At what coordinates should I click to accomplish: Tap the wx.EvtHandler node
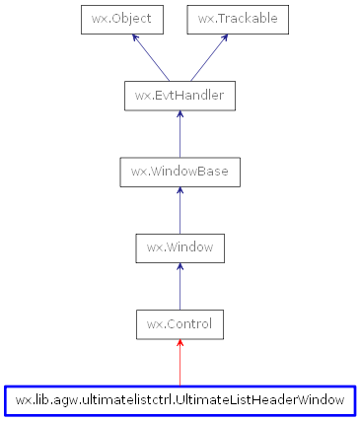[180, 96]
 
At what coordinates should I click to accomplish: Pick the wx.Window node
[180, 247]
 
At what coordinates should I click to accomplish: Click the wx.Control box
[180, 323]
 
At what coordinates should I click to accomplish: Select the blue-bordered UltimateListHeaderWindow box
[180, 400]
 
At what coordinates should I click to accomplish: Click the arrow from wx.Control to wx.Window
[180, 287]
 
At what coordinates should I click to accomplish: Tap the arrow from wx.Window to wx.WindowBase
[180, 211]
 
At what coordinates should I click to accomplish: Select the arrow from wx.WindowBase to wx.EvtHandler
[180, 135]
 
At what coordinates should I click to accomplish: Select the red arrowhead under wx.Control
[180, 344]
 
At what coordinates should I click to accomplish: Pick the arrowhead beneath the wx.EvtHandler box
[180, 116]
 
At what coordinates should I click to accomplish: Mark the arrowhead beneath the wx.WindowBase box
[180, 192]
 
